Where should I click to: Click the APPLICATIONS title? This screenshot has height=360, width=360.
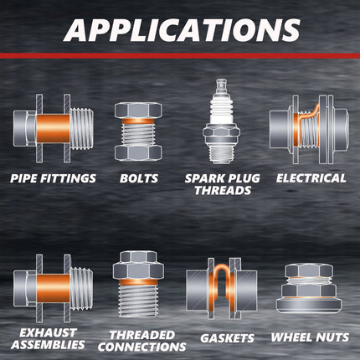coord(182,29)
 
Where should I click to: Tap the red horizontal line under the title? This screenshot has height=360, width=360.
coord(180,55)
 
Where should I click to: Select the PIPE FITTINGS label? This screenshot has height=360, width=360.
coord(53,178)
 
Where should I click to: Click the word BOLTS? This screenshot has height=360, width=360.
coord(139,178)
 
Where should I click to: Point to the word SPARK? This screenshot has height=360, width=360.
coord(205,178)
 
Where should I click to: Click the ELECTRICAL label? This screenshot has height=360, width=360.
coord(311,178)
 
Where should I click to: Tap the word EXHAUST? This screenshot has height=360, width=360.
coord(48,332)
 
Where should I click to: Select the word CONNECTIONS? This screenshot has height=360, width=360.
coord(141,347)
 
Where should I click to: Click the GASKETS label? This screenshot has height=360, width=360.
coord(227,338)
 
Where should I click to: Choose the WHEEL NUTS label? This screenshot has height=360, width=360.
coord(310,337)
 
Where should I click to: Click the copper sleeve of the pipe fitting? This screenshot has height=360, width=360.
coord(53,128)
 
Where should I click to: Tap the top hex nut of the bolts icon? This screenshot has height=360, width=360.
coord(138,110)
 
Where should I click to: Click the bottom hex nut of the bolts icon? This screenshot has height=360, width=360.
coord(138,152)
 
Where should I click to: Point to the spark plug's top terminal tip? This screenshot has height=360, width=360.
coord(221,84)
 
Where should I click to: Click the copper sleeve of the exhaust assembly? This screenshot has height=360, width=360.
coord(53,289)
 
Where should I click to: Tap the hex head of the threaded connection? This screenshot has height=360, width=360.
coord(138,265)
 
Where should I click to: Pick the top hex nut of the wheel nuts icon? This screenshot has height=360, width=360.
coord(309,271)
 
